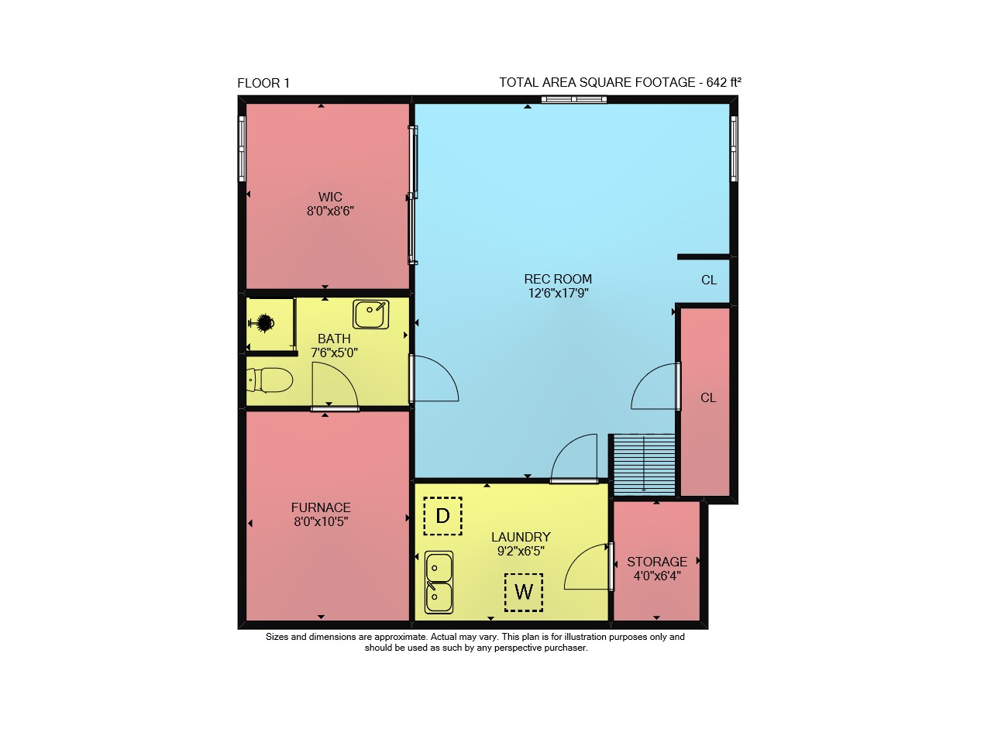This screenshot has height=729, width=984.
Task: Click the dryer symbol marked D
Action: pos(442,516)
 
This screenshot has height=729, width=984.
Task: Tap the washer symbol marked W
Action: pos(524,592)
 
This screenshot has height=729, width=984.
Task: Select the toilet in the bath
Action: pos(270,380)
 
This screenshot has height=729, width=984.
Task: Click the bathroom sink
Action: pos(371,314)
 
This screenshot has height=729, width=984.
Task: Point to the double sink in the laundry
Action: pos(439,582)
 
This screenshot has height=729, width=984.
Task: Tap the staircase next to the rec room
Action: pos(644,465)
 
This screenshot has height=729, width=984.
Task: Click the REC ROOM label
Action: pos(558,279)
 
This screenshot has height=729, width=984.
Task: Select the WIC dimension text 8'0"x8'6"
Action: pos(330,210)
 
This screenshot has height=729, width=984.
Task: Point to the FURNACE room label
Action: pos(321,507)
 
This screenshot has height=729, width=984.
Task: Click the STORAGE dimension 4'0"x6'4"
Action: pos(657,576)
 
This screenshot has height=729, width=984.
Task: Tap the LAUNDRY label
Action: pos(521,537)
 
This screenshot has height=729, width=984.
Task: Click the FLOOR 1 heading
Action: pos(263,83)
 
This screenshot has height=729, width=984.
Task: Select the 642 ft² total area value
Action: pos(724,82)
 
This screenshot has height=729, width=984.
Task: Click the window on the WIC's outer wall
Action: pos(242,149)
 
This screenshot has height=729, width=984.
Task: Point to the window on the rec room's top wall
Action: pos(573,99)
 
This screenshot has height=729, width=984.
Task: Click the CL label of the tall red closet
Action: pos(708,397)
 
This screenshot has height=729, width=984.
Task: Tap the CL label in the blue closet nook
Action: pos(709,280)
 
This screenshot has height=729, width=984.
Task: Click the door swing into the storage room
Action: pos(586,566)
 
